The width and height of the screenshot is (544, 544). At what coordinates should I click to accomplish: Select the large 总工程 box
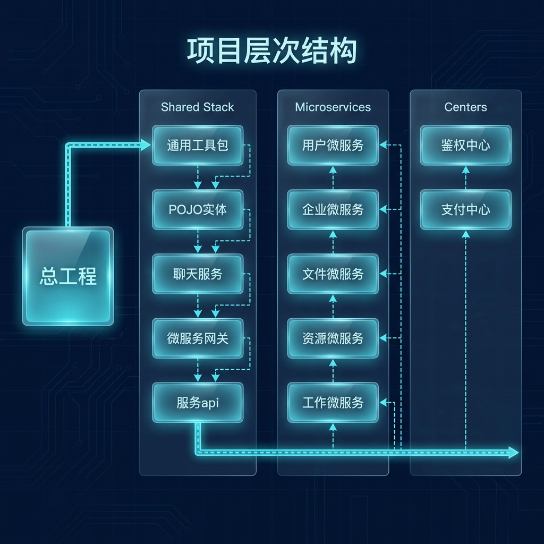pyautogui.click(x=67, y=276)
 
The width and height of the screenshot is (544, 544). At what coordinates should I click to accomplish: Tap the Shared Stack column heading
pyautogui.click(x=197, y=107)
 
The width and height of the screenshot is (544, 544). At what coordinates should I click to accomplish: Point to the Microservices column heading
pyautogui.click(x=333, y=107)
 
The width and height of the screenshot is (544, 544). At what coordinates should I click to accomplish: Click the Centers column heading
pyautogui.click(x=465, y=107)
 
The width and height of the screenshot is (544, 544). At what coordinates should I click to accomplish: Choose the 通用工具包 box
pyautogui.click(x=197, y=145)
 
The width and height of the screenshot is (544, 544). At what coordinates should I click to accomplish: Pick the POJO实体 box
pyautogui.click(x=197, y=209)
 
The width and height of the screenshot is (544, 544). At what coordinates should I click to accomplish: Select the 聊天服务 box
pyautogui.click(x=197, y=274)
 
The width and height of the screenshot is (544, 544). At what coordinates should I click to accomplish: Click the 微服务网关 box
pyautogui.click(x=197, y=338)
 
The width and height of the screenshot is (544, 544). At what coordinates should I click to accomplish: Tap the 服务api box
pyautogui.click(x=197, y=403)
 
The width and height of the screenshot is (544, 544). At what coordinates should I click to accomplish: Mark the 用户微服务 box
pyautogui.click(x=333, y=145)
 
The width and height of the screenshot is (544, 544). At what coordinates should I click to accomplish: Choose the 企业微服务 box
pyautogui.click(x=333, y=209)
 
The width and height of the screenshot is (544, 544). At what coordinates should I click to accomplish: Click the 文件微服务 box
pyautogui.click(x=333, y=274)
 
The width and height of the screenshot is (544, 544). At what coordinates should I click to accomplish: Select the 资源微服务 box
pyautogui.click(x=333, y=338)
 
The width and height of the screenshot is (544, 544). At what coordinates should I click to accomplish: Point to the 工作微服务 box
pyautogui.click(x=333, y=403)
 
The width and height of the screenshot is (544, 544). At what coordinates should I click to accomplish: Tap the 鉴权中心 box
pyautogui.click(x=465, y=145)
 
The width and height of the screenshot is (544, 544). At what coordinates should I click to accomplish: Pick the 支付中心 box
pyautogui.click(x=465, y=209)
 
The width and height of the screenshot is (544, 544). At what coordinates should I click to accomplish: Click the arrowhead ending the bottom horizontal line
pyautogui.click(x=513, y=453)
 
